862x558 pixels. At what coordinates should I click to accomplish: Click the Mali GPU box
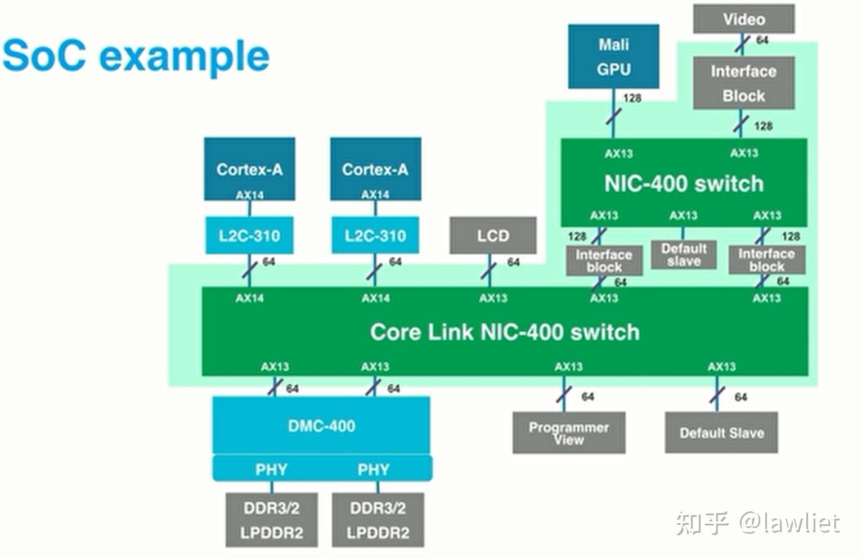pyautogui.click(x=613, y=56)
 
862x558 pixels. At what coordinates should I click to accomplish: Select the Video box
pyautogui.click(x=744, y=19)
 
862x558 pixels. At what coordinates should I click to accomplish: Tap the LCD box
pyautogui.click(x=493, y=236)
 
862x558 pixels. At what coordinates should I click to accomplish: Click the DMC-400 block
pyautogui.click(x=321, y=425)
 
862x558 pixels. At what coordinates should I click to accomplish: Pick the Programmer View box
pyautogui.click(x=568, y=433)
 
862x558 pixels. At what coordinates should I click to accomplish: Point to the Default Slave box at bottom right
pyautogui.click(x=721, y=433)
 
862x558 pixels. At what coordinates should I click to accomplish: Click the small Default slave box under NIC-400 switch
pyautogui.click(x=684, y=255)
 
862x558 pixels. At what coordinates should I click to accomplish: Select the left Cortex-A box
pyautogui.click(x=249, y=169)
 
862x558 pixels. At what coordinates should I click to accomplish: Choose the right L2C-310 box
pyautogui.click(x=375, y=235)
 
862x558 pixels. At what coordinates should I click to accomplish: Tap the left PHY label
pyautogui.click(x=271, y=469)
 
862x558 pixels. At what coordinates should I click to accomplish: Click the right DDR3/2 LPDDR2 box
pyautogui.click(x=378, y=520)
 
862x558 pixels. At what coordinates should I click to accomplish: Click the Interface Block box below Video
pyautogui.click(x=743, y=83)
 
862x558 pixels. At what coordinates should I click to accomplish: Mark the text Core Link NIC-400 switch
pyautogui.click(x=505, y=332)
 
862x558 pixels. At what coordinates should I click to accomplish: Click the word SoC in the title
pyautogui.click(x=45, y=55)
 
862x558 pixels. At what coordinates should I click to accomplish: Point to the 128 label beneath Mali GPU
pyautogui.click(x=632, y=98)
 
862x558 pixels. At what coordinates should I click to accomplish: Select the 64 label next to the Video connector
pyautogui.click(x=762, y=40)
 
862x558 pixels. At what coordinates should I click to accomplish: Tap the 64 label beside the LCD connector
pyautogui.click(x=513, y=262)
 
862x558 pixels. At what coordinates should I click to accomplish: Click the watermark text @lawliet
pyautogui.click(x=789, y=523)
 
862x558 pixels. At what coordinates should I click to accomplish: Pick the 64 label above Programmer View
pyautogui.click(x=587, y=397)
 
